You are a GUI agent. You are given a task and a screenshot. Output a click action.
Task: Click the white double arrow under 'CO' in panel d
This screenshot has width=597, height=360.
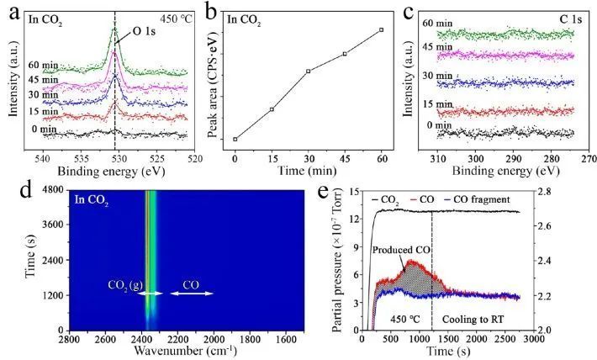[192, 294]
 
